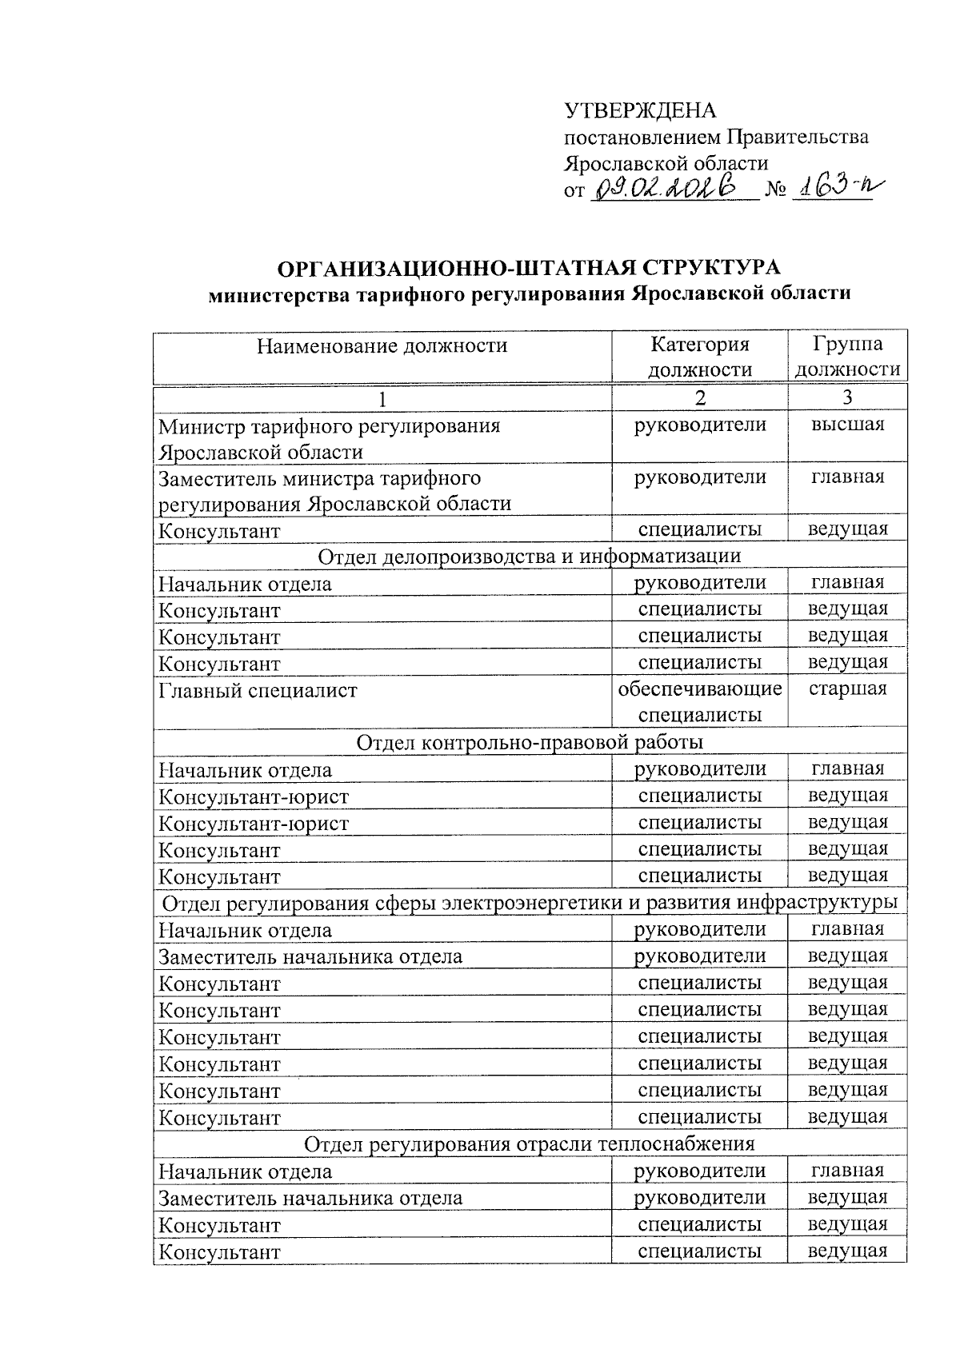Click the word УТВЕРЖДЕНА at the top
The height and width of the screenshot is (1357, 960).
[640, 110]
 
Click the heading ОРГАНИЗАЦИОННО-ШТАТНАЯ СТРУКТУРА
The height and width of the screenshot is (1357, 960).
[528, 266]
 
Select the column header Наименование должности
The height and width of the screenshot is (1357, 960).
[382, 345]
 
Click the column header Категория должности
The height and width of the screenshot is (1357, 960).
[699, 357]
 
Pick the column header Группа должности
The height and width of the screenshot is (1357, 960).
[847, 357]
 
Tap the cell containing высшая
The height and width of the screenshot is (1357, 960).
[847, 425]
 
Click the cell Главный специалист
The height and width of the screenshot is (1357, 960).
[258, 690]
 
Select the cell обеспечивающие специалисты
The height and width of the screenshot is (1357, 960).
[699, 701]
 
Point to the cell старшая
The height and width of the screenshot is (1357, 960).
[847, 688]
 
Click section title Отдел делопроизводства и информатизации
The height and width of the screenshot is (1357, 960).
[529, 556]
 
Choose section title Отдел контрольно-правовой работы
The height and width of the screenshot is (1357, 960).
[529, 742]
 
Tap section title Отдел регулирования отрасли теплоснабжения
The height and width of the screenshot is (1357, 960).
[529, 1143]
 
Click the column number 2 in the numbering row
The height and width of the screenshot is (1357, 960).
[700, 397]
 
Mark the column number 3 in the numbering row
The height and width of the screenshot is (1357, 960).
[847, 397]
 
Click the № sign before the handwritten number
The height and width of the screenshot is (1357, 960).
[774, 191]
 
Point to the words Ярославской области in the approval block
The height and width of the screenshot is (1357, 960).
[666, 163]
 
